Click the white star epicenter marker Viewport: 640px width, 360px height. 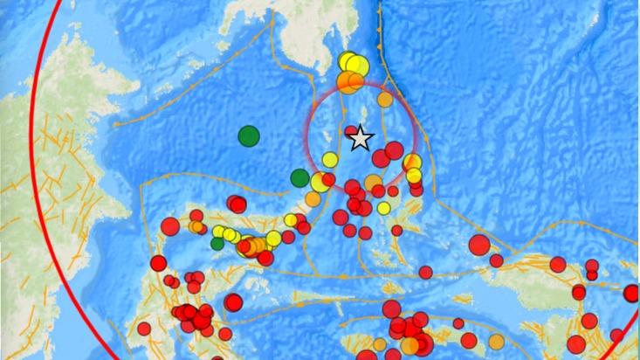pos(360,139)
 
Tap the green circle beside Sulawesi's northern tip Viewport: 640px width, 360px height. pos(299,178)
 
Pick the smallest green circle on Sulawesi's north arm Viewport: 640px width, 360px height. pos(217,244)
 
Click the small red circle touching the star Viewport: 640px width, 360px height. pos(350,132)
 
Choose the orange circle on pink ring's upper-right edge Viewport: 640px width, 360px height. pos(385,100)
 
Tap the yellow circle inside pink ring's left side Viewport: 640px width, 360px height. pos(329,159)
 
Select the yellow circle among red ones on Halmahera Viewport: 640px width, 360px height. pos(383,208)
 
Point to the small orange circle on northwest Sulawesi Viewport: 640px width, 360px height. pos(196,226)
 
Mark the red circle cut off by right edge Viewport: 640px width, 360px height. pos(631,294)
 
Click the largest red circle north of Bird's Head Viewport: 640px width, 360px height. pos(478,245)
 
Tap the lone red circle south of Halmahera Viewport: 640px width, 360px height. pos(425,272)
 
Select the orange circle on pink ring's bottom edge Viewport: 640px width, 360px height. pos(374,182)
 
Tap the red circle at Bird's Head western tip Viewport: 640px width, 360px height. pos(496,260)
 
